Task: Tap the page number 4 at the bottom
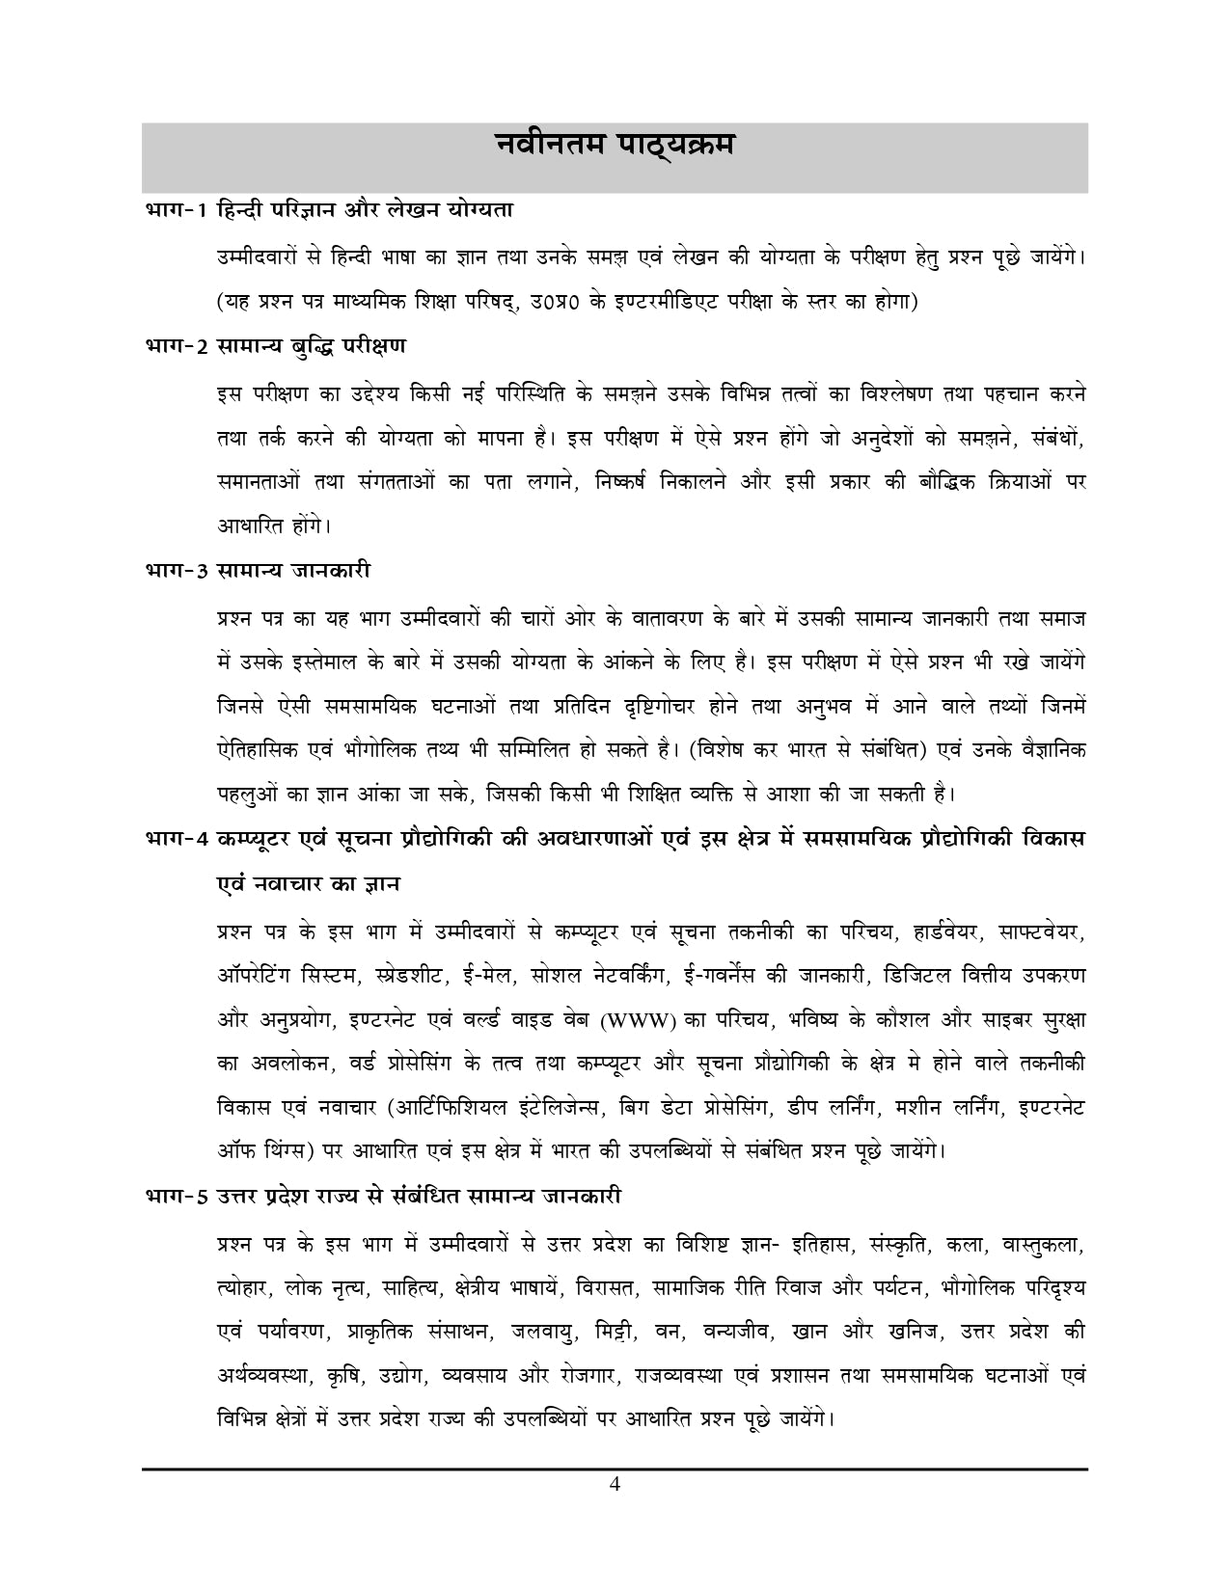coord(615,1484)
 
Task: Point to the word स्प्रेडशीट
coord(409,976)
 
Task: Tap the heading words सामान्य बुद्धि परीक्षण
coord(312,346)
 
